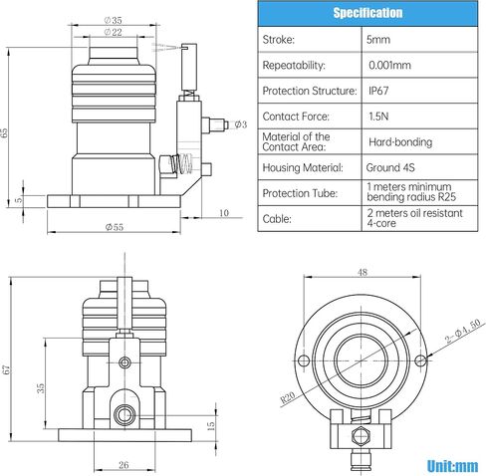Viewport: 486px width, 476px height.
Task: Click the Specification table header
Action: click(x=367, y=13)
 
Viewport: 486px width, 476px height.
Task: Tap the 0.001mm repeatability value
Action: click(x=389, y=65)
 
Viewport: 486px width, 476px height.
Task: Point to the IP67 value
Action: click(x=378, y=91)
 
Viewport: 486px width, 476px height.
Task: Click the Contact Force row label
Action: click(x=296, y=117)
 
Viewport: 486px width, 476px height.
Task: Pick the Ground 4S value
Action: click(x=390, y=167)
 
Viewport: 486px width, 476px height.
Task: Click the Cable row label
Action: click(x=277, y=219)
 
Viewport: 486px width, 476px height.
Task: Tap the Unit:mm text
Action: click(x=452, y=466)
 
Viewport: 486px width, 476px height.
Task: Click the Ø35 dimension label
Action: click(x=114, y=20)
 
